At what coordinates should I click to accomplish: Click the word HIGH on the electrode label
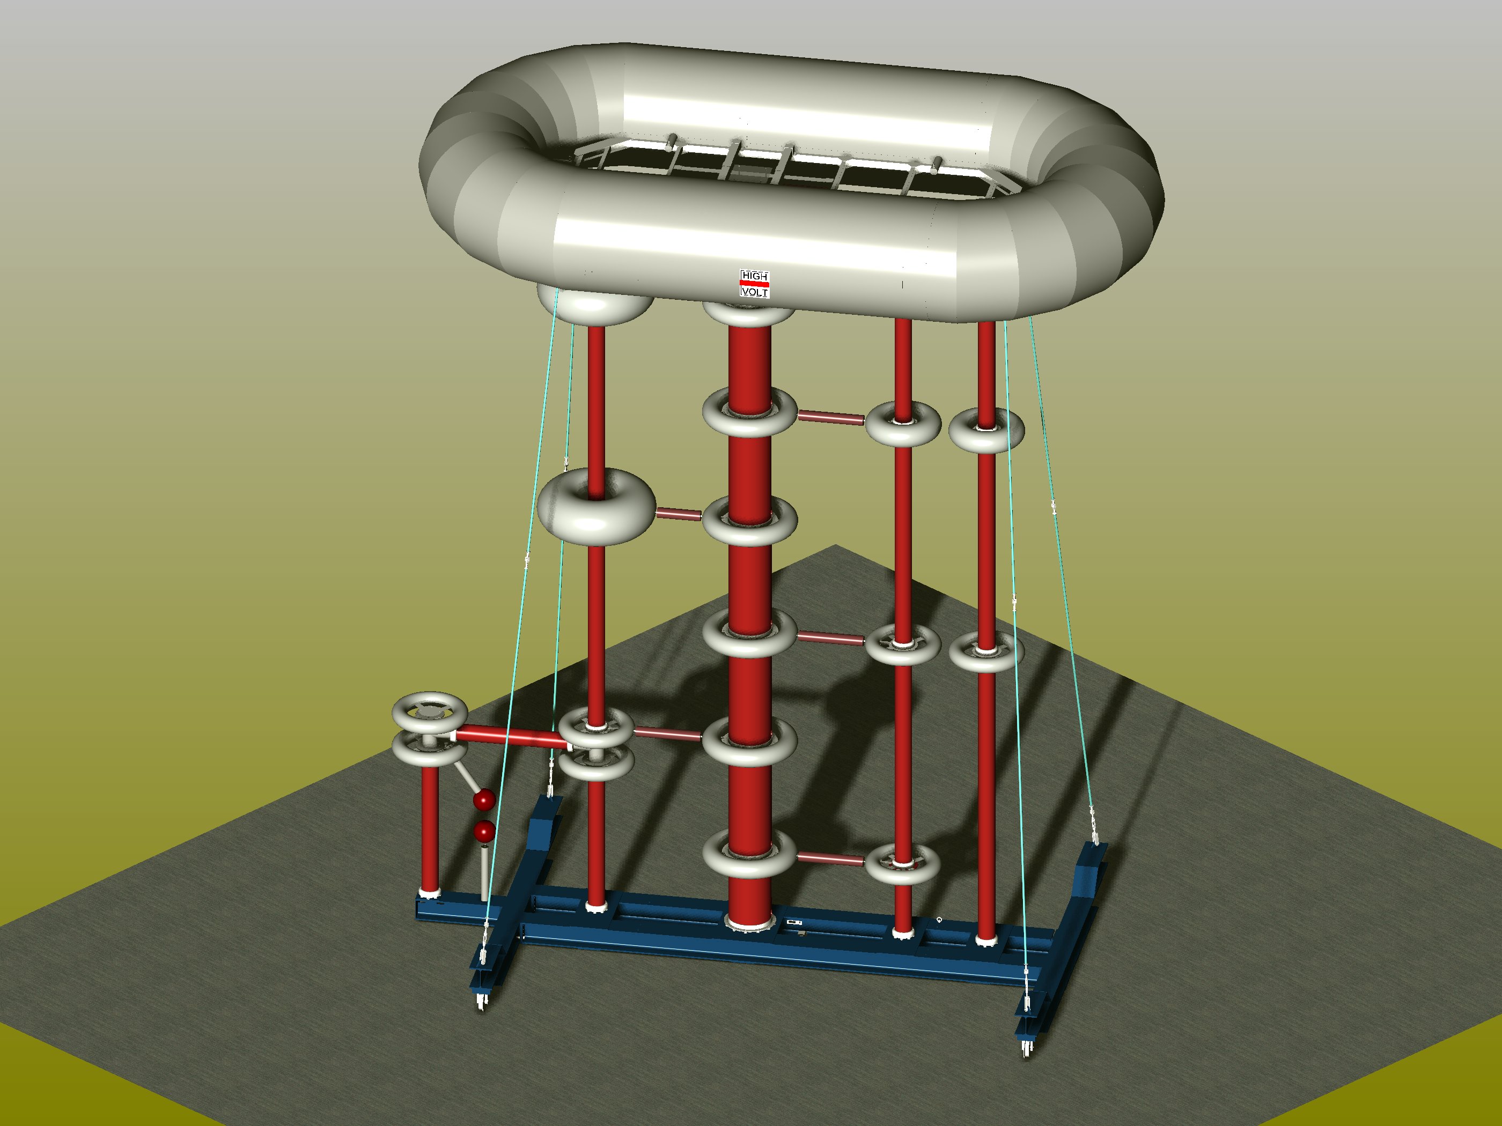(x=754, y=276)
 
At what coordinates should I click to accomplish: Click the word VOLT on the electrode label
(x=754, y=292)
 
